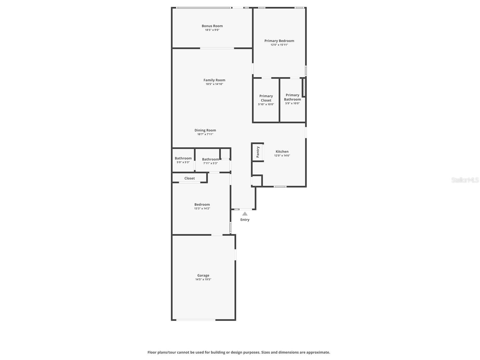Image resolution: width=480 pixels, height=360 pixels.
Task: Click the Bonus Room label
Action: tap(212, 26)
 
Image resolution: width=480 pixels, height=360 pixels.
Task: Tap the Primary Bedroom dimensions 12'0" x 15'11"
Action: tap(279, 45)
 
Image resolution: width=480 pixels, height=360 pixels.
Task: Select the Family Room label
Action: tap(214, 80)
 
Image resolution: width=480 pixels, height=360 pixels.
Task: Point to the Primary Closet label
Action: tap(266, 98)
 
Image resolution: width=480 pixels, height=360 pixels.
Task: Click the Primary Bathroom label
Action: tap(292, 97)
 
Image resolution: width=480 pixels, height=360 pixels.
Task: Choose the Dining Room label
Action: tap(205, 130)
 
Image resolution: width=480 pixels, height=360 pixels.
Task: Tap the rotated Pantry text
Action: tap(258, 152)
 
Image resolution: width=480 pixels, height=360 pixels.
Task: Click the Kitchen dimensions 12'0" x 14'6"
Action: tap(282, 156)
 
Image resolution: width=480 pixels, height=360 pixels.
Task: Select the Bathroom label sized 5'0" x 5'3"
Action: tap(183, 158)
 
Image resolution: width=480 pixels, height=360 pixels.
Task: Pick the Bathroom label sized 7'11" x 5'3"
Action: tap(210, 159)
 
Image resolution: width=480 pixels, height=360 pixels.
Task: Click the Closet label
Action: tap(189, 178)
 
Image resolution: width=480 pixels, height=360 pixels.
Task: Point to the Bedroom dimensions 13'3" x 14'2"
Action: tap(202, 208)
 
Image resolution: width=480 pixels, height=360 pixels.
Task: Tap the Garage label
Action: tap(203, 275)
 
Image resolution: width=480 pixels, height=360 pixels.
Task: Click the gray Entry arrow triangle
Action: tap(245, 214)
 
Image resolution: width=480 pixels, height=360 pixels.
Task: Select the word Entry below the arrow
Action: tap(245, 220)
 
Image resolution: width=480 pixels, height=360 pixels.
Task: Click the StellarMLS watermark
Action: tap(465, 180)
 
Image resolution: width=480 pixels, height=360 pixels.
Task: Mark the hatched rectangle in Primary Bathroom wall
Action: tap(304, 87)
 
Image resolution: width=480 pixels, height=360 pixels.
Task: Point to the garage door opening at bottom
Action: tap(195, 320)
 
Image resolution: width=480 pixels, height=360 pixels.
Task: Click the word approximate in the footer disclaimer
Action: tap(318, 352)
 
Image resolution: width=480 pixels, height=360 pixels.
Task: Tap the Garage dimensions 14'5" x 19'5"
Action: tap(203, 280)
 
